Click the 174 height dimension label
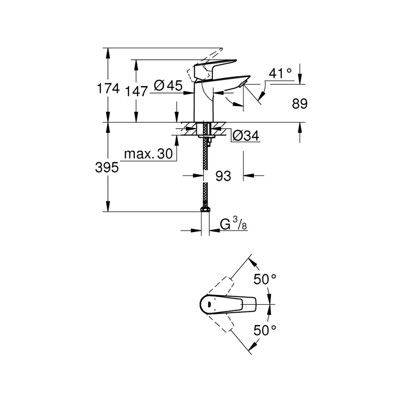(x=108, y=89)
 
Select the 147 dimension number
(x=136, y=91)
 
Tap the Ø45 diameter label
(x=168, y=86)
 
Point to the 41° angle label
(x=280, y=74)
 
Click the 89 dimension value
(x=300, y=104)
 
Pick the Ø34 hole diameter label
(x=246, y=135)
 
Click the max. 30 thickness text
(x=148, y=154)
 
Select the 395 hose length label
(x=107, y=168)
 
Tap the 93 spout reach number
(x=223, y=176)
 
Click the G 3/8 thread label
(x=233, y=225)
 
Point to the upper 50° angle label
(x=265, y=279)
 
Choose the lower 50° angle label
(x=265, y=330)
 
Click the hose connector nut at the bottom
(x=205, y=209)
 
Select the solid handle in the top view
(x=228, y=304)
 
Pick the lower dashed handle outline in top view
(x=221, y=323)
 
